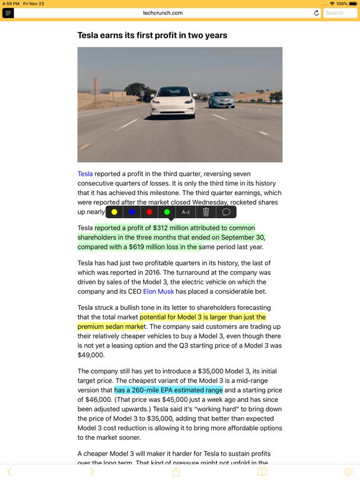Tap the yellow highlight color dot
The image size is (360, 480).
point(114,212)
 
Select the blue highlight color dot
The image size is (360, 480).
point(132,212)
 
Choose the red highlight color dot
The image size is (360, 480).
point(149,212)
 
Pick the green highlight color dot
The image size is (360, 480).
point(167,212)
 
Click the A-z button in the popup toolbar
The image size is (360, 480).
point(186,212)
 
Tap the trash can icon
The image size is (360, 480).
point(206,212)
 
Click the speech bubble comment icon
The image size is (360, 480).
point(226,212)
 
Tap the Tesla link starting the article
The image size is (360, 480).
point(85,174)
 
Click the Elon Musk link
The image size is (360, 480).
point(159,291)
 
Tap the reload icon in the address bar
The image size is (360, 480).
point(316,12)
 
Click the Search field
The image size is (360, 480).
point(340,12)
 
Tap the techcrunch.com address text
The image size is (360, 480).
point(162,12)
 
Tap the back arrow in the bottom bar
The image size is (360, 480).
point(9,472)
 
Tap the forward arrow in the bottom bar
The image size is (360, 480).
point(92,472)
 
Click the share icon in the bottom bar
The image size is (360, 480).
point(176,472)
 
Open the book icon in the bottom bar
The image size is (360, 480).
point(262,472)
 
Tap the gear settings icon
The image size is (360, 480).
point(348,472)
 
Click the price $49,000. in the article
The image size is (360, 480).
point(91,355)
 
